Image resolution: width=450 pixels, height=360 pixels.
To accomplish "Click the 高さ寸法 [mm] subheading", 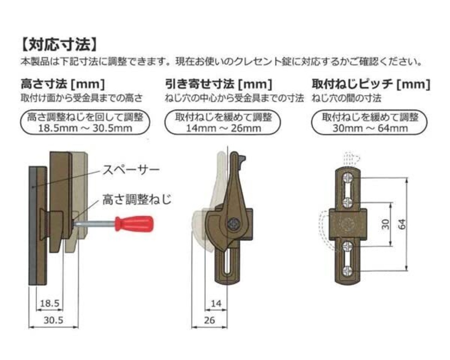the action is (63, 84).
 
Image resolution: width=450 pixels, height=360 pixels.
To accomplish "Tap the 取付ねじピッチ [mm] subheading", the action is (371, 84).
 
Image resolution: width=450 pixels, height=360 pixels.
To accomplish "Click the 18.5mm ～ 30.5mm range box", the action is (85, 122).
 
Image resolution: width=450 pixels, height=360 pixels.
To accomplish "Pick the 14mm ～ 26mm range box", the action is (223, 122).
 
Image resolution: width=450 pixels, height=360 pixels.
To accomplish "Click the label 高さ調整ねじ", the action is (137, 200).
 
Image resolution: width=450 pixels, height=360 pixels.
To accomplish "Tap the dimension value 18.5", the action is (50, 303).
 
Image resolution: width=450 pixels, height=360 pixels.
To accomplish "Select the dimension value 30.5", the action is (53, 320).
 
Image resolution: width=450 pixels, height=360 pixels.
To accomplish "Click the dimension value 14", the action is (216, 303).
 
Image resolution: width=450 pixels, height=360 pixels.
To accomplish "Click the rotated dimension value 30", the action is (386, 224).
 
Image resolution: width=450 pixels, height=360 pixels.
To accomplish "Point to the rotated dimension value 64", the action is (403, 224).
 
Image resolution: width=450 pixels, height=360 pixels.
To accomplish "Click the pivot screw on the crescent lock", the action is (233, 224).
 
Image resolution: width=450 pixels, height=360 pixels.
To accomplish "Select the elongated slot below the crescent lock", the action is (228, 260).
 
